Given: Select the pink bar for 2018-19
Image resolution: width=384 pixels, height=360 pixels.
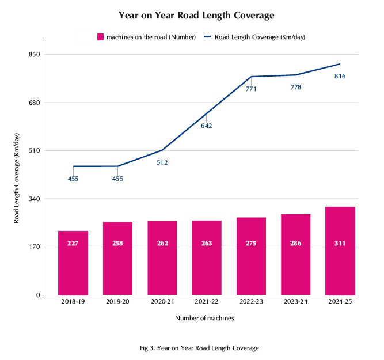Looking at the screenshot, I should (73, 263).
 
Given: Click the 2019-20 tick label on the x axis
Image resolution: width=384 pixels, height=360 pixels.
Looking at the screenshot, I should (117, 301).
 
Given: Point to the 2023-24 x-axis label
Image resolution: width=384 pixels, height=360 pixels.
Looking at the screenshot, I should (295, 301).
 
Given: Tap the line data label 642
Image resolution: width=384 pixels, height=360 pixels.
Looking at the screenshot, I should (207, 126).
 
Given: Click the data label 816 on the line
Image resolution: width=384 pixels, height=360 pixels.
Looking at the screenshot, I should (340, 76).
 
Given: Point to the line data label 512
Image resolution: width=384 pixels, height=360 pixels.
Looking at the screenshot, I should (162, 163).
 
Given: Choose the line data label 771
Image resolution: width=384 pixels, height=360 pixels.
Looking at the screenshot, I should (251, 89).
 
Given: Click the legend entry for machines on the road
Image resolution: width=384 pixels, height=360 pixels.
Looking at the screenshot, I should (147, 37).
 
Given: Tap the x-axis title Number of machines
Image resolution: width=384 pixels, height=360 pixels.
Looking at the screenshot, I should (204, 318).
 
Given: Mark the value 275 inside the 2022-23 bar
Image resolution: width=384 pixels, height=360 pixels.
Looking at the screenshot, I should (251, 244).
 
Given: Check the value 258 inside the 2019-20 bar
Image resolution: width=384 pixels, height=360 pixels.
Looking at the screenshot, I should (117, 244).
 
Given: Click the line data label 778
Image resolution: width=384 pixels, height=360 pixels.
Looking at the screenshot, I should (296, 88).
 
